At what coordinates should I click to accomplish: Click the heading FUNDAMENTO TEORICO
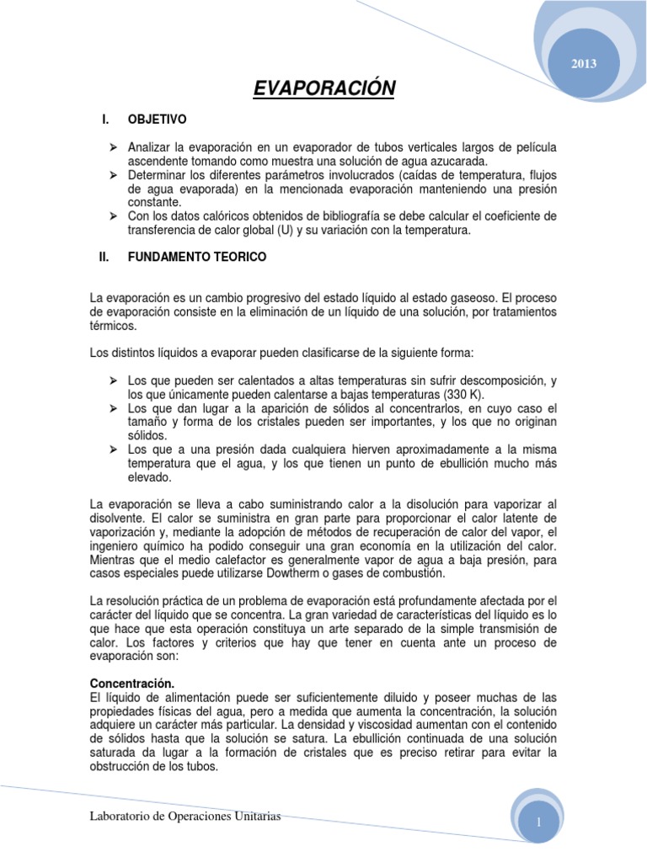tap(196, 258)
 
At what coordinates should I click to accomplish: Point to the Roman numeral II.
tap(104, 258)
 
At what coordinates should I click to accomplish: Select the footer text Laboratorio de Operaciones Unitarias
tap(184, 817)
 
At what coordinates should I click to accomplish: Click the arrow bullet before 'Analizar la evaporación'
tap(112, 148)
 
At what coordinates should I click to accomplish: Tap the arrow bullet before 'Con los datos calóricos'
tap(112, 215)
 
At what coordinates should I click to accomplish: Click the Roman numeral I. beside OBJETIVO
tap(105, 120)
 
